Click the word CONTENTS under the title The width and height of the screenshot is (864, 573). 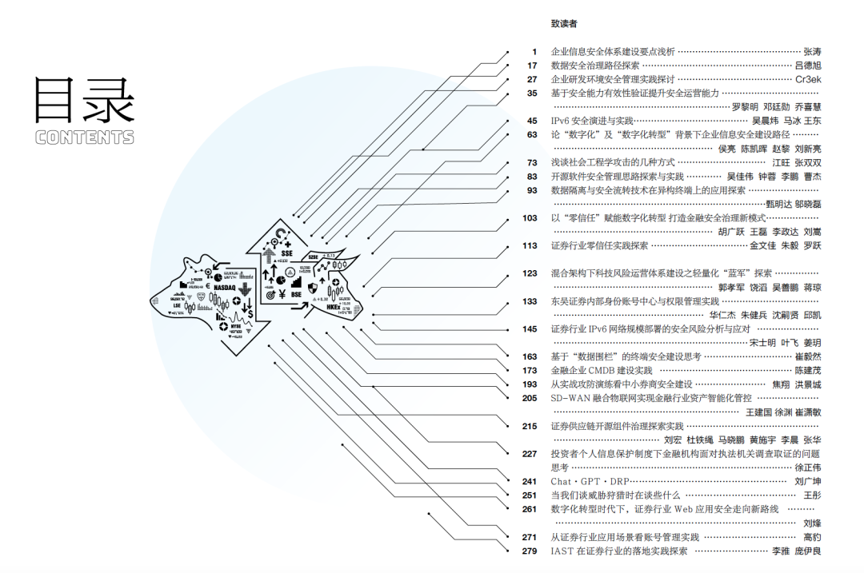[x=85, y=137]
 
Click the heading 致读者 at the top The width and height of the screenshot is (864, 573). [x=564, y=24]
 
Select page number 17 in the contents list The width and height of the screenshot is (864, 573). [x=532, y=66]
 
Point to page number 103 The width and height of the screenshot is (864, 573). [x=530, y=217]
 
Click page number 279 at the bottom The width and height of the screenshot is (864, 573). [x=530, y=551]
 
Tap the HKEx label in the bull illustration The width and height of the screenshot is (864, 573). [x=334, y=306]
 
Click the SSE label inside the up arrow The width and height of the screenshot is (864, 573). [x=287, y=253]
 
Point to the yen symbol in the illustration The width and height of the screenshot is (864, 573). [x=283, y=295]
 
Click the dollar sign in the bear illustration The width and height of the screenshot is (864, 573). [x=251, y=314]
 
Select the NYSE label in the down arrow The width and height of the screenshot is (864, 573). [x=235, y=327]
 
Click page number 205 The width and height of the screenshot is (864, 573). [x=530, y=398]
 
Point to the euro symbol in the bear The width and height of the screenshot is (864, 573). [x=208, y=286]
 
